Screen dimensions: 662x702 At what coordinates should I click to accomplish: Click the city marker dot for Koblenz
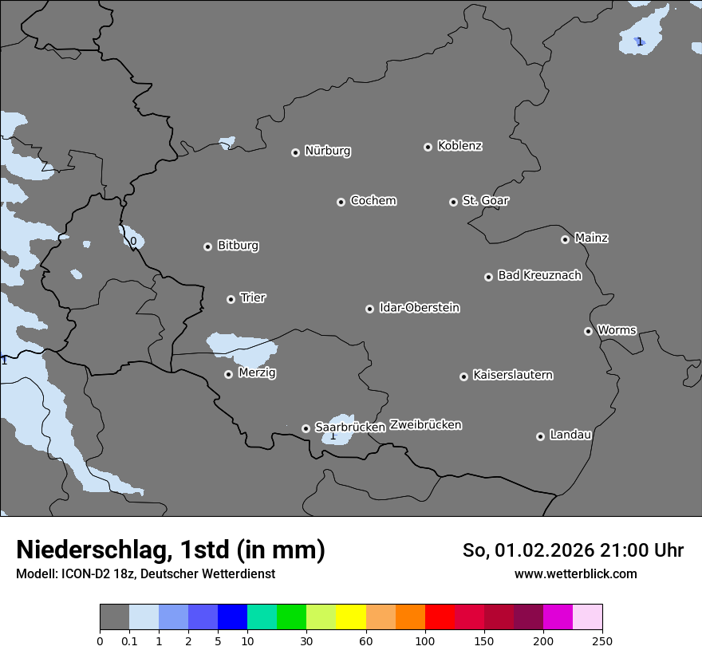coord(428,147)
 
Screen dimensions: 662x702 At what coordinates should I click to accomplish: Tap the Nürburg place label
coord(328,151)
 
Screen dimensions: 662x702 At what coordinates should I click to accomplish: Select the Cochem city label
coord(373,200)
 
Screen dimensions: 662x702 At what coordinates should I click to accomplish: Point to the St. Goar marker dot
coord(453,202)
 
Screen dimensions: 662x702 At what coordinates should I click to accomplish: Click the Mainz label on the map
coord(591,238)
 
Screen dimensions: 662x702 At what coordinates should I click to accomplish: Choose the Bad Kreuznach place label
coord(539,275)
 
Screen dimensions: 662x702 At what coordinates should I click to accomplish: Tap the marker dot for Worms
coord(588,331)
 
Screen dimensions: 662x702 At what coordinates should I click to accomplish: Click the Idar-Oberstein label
coord(419,308)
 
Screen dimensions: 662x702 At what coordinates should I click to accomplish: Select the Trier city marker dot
coord(231,299)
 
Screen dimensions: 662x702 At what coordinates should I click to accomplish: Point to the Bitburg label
coord(238,246)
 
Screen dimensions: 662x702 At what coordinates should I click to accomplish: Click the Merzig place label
coord(257,372)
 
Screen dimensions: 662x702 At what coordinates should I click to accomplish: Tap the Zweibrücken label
coord(425,425)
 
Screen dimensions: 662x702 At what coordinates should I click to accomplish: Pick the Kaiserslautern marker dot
coord(463,376)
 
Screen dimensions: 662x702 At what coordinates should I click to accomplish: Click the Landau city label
coord(570,435)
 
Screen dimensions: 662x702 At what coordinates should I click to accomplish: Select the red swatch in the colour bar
coord(440,617)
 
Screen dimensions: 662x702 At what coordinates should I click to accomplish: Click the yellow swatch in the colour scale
coord(351,617)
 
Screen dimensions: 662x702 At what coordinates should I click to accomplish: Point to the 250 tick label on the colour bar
coord(602,640)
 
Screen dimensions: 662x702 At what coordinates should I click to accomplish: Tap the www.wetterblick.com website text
coord(575,573)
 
